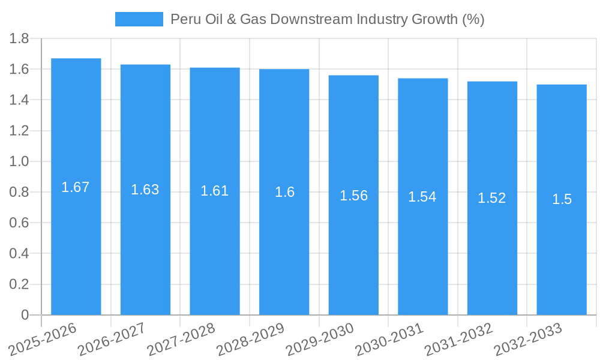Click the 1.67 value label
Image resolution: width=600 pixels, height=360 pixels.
(76, 187)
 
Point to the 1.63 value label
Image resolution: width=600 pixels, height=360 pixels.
(145, 190)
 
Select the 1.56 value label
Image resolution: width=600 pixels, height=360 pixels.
(353, 196)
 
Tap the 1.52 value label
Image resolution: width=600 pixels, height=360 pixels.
(492, 199)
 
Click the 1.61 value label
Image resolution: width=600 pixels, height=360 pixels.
(214, 191)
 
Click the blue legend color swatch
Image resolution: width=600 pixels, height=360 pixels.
(139, 19)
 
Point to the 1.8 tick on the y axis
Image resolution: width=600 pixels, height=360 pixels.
(19, 39)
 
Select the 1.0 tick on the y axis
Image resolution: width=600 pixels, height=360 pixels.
(19, 162)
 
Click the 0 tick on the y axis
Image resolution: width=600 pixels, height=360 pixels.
(25, 315)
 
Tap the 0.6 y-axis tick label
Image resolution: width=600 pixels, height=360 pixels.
(19, 223)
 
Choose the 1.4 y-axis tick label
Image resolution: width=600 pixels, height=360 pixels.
(19, 100)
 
